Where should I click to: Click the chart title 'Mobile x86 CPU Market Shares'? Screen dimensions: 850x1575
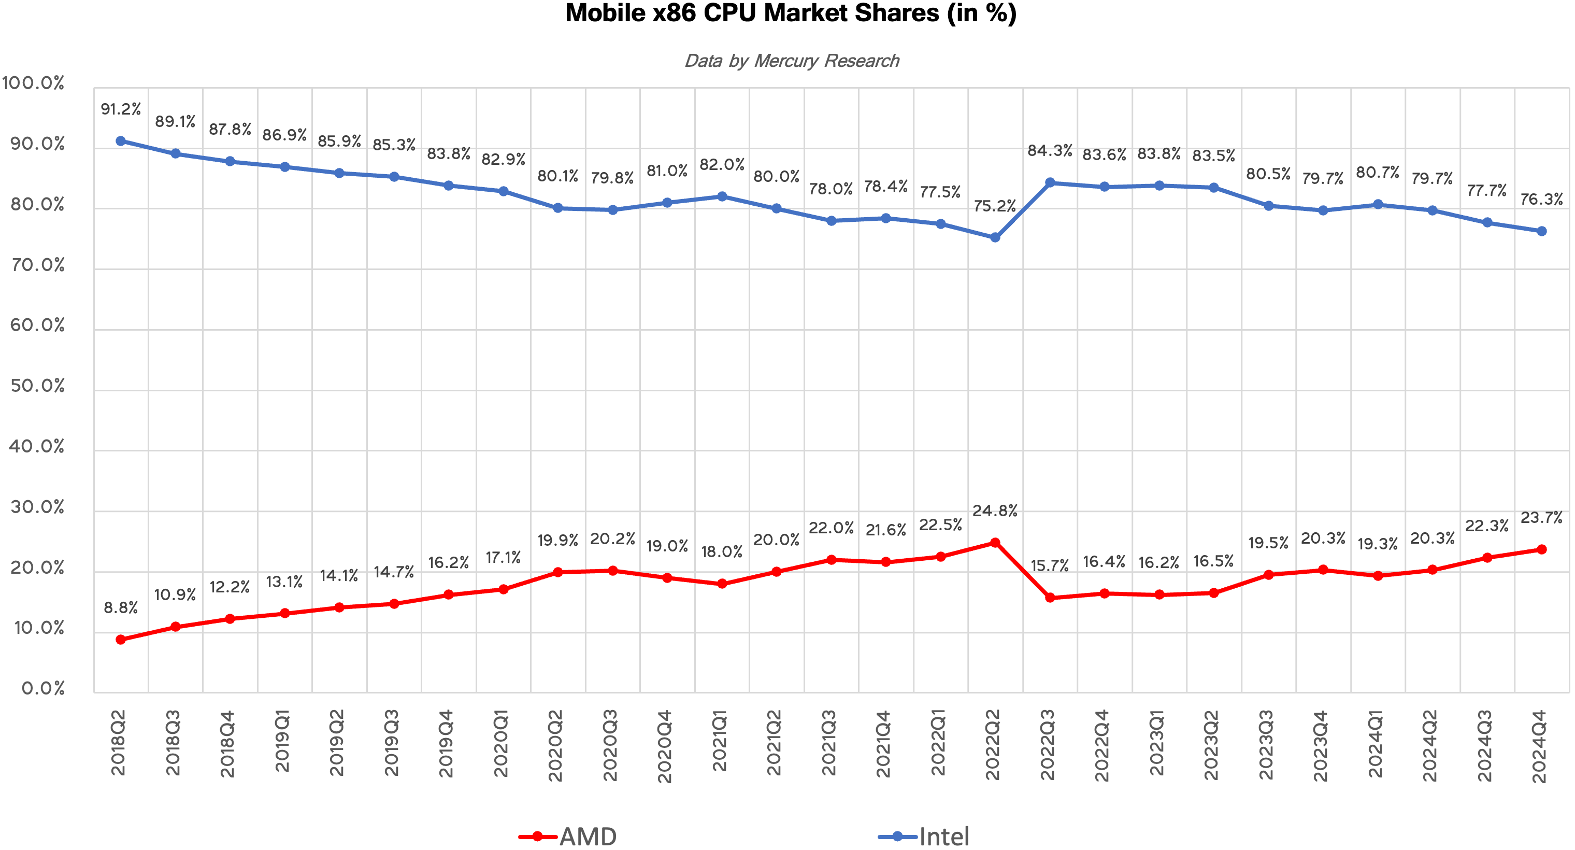[x=791, y=13]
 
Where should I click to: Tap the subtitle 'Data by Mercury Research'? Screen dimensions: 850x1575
[x=792, y=61]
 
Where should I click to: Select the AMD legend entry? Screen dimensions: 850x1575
[x=569, y=836]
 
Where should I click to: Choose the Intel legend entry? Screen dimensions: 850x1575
[x=924, y=836]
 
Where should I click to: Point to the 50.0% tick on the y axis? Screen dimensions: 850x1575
[x=37, y=386]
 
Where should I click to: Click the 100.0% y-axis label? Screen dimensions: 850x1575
[x=34, y=83]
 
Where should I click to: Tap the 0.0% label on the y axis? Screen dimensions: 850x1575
[x=43, y=689]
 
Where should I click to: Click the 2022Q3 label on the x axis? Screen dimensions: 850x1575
[x=1048, y=745]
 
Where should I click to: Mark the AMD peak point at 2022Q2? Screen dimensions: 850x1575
[x=995, y=543]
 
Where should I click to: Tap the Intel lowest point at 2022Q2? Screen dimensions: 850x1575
[x=995, y=237]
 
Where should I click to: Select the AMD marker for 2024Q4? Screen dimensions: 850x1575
[x=1541, y=549]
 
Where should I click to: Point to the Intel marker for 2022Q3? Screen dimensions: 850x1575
[x=1050, y=182]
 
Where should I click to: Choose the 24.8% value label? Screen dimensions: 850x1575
[x=995, y=511]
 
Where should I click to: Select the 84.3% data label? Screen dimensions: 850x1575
[x=1050, y=150]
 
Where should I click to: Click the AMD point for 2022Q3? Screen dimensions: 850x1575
[x=1050, y=598]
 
